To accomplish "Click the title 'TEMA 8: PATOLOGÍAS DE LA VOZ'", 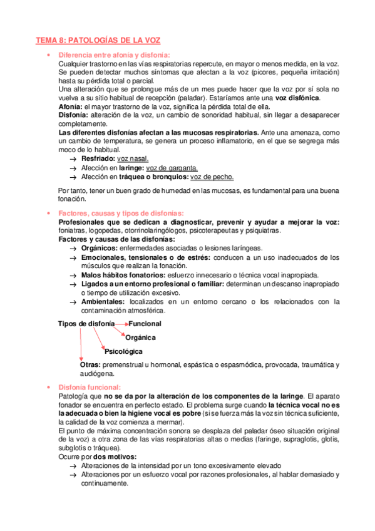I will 98,41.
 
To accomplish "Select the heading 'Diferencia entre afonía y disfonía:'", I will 114,55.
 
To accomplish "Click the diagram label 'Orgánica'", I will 141,338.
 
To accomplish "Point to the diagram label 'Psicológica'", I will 123,351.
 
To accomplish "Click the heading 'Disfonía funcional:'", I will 90,387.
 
